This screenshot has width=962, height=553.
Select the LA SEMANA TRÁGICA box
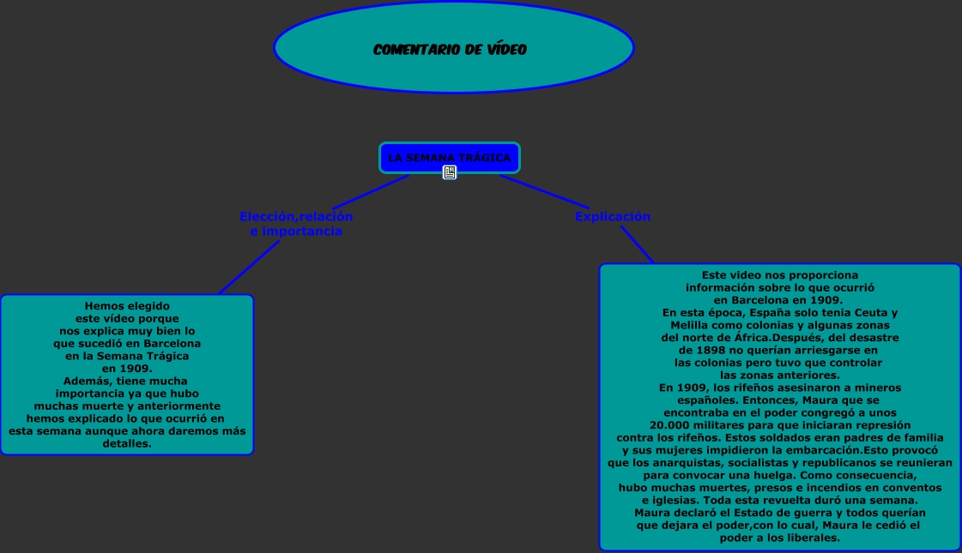[x=449, y=157]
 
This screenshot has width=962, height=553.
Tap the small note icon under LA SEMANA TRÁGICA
[x=450, y=172]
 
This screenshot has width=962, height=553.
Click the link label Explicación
[x=612, y=217]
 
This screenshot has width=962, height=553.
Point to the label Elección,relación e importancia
[x=296, y=224]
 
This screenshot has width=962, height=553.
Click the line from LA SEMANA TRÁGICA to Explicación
[x=536, y=189]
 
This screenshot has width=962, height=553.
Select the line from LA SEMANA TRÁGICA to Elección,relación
[x=378, y=188]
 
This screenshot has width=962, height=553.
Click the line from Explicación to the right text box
[x=636, y=244]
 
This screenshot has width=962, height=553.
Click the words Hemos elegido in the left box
[x=127, y=306]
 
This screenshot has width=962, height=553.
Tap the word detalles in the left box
[x=127, y=444]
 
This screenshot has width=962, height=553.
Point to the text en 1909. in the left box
[x=127, y=369]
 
